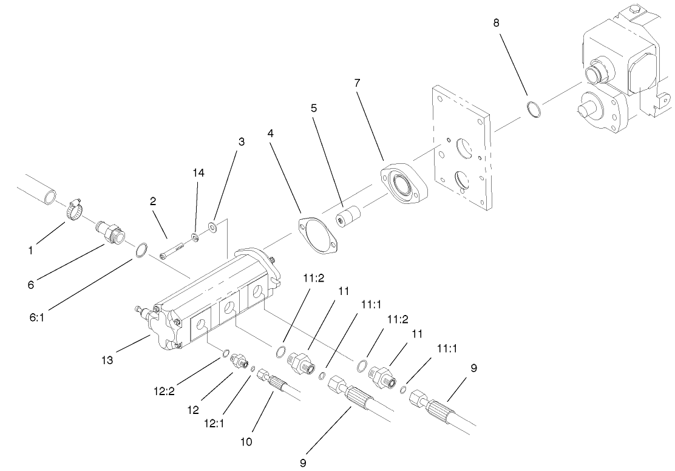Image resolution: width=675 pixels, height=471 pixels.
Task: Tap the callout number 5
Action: coord(313,109)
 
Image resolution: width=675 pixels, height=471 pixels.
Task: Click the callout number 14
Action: coord(199,173)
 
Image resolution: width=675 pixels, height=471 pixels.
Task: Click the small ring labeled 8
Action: coord(533,110)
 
